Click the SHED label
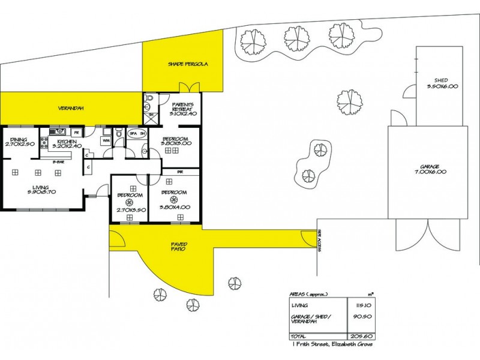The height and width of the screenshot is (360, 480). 441,80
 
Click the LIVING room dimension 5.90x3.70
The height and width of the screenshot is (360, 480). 41,191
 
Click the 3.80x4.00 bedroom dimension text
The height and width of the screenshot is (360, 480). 173,206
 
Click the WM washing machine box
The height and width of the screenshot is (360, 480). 106,140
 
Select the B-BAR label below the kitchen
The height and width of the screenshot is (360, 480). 58,162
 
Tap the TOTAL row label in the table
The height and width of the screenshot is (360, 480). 298,337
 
